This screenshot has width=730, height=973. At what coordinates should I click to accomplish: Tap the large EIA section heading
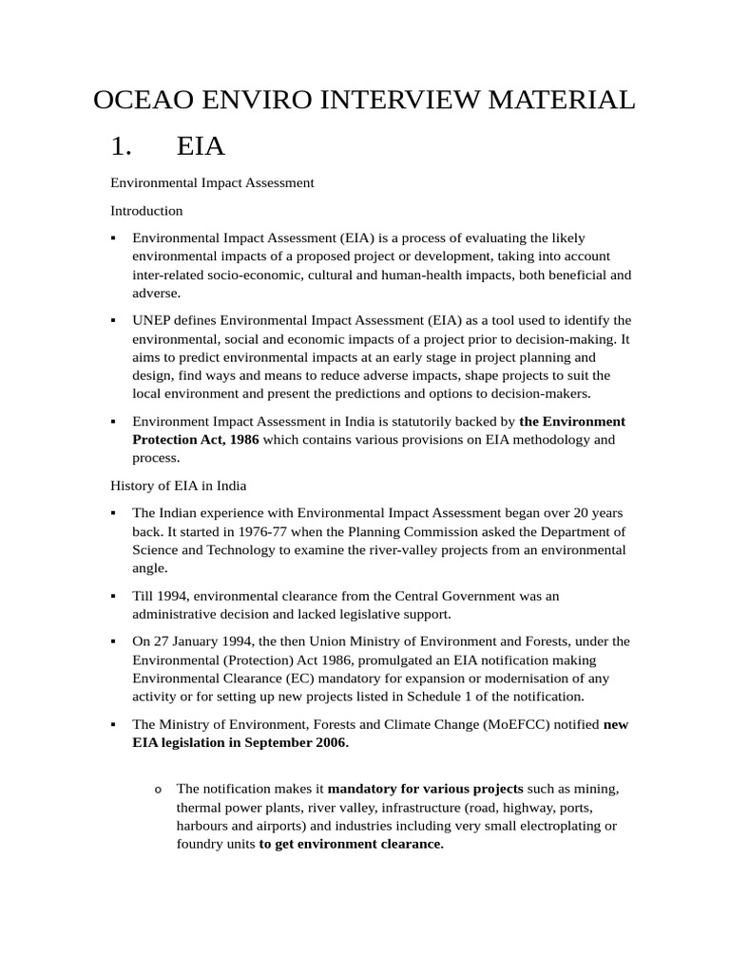pyautogui.click(x=201, y=146)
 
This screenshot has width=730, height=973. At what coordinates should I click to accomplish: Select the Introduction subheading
pyautogui.click(x=146, y=210)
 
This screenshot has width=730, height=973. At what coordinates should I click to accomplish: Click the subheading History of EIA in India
pyautogui.click(x=179, y=486)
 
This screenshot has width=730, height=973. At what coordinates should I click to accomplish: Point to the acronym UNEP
pyautogui.click(x=153, y=320)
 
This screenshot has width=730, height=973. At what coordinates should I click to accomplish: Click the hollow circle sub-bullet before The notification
pyautogui.click(x=157, y=791)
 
